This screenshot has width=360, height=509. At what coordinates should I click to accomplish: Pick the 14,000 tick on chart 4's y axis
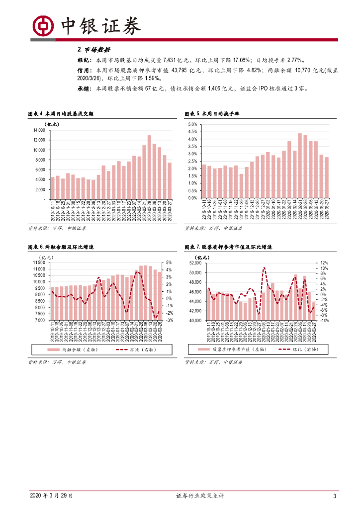pos(38,130)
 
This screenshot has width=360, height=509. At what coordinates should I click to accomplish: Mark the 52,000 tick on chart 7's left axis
pos(196,262)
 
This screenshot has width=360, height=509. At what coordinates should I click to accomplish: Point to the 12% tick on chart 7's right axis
pos(323,262)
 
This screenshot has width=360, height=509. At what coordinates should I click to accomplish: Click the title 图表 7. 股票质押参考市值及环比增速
pos(228,247)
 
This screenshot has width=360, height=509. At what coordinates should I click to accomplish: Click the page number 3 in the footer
pos(335,496)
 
